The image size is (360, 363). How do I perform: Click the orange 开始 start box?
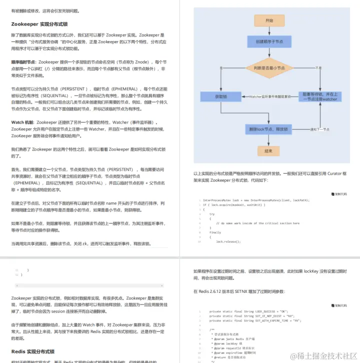click(269, 21)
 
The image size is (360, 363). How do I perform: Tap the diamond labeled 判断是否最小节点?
click(269, 68)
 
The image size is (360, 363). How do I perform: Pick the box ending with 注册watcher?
click(320, 96)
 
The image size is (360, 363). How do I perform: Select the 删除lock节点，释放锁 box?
click(269, 129)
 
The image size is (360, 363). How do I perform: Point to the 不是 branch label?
click(318, 68)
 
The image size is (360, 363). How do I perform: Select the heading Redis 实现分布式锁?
click(32, 351)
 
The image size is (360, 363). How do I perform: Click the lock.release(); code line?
click(228, 241)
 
